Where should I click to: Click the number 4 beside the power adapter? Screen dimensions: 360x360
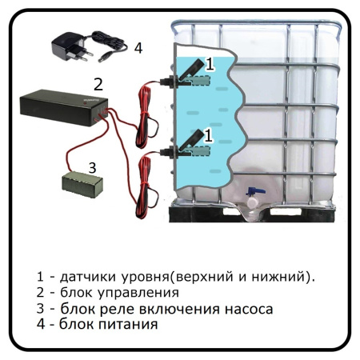138,49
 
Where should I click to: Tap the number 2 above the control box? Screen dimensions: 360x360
98,84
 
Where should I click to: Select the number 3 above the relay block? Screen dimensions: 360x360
92,168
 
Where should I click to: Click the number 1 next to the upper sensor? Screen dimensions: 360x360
210,64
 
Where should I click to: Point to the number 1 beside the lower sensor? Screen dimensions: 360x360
209,135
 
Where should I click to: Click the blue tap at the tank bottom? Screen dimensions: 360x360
255,191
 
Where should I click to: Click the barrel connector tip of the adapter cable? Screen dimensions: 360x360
103,59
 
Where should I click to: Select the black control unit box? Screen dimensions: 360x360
64,108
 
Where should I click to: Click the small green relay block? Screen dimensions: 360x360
82,184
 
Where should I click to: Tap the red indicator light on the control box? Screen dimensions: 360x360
85,102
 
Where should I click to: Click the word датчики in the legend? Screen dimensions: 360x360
88,277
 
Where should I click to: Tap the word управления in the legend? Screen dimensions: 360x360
138,293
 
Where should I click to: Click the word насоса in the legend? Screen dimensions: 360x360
249,310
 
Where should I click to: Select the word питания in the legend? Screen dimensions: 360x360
128,325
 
